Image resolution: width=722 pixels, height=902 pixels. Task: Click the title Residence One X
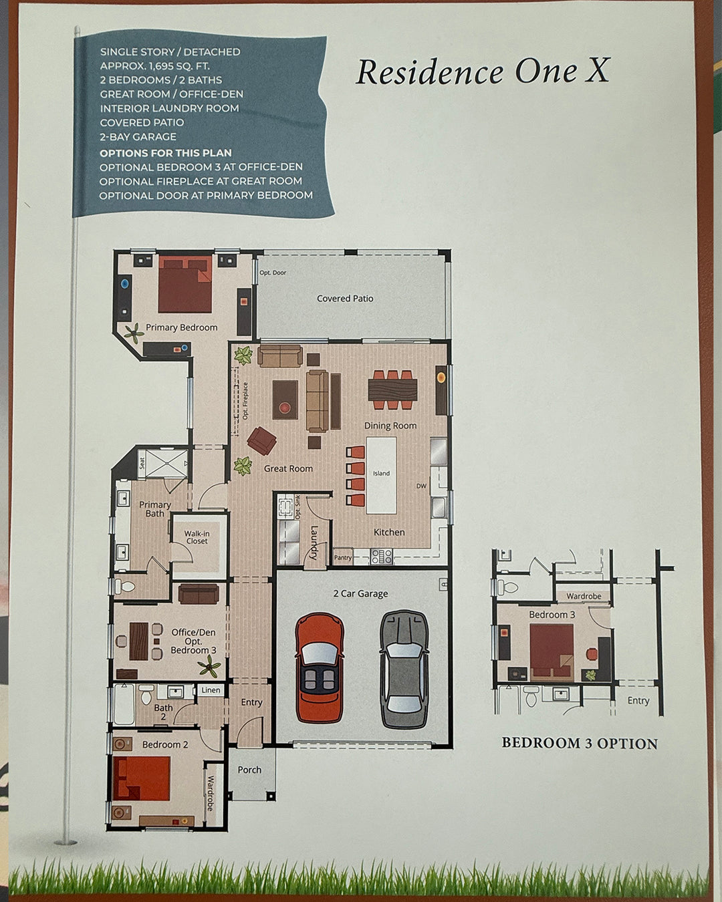click(x=482, y=71)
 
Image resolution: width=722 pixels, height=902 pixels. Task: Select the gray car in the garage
click(x=404, y=668)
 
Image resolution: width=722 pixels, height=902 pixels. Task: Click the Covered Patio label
click(x=345, y=299)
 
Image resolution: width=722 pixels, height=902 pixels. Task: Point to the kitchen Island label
click(x=381, y=474)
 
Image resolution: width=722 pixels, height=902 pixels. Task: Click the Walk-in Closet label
click(x=197, y=537)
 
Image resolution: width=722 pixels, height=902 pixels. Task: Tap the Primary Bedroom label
click(x=181, y=327)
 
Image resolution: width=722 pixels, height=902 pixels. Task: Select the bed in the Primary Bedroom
click(x=185, y=285)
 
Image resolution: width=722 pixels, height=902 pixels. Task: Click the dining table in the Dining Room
click(x=392, y=390)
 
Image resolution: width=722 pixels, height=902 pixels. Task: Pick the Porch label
click(x=249, y=770)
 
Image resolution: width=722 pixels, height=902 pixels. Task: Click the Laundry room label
click(x=314, y=542)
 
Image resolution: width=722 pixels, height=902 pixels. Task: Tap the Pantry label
click(x=343, y=557)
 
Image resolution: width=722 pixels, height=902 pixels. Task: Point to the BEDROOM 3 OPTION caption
click(x=580, y=744)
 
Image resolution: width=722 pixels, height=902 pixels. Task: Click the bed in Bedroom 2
click(x=141, y=778)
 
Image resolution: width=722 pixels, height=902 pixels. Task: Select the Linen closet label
click(x=211, y=690)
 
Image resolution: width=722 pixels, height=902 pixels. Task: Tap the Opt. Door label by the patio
click(x=273, y=273)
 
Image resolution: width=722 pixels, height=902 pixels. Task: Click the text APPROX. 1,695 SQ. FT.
click(x=154, y=65)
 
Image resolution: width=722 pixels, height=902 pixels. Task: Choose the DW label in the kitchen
click(x=421, y=486)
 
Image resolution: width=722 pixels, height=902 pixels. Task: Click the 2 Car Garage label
click(x=360, y=593)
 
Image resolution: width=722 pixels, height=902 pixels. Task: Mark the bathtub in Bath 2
click(x=124, y=705)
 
